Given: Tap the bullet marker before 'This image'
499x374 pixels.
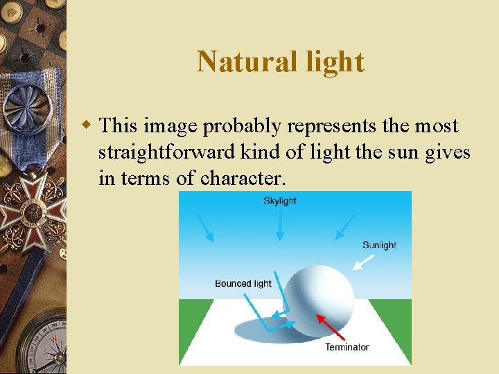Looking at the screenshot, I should point(87,126).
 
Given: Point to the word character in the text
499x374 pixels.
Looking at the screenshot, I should point(243,179).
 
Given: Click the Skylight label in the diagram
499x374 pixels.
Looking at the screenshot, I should point(279,201).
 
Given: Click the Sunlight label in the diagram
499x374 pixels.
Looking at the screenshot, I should point(379,245).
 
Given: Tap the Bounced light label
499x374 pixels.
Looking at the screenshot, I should point(243,283).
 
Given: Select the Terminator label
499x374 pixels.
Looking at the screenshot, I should point(347,347).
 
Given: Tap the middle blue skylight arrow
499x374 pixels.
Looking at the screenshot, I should point(279,225).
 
